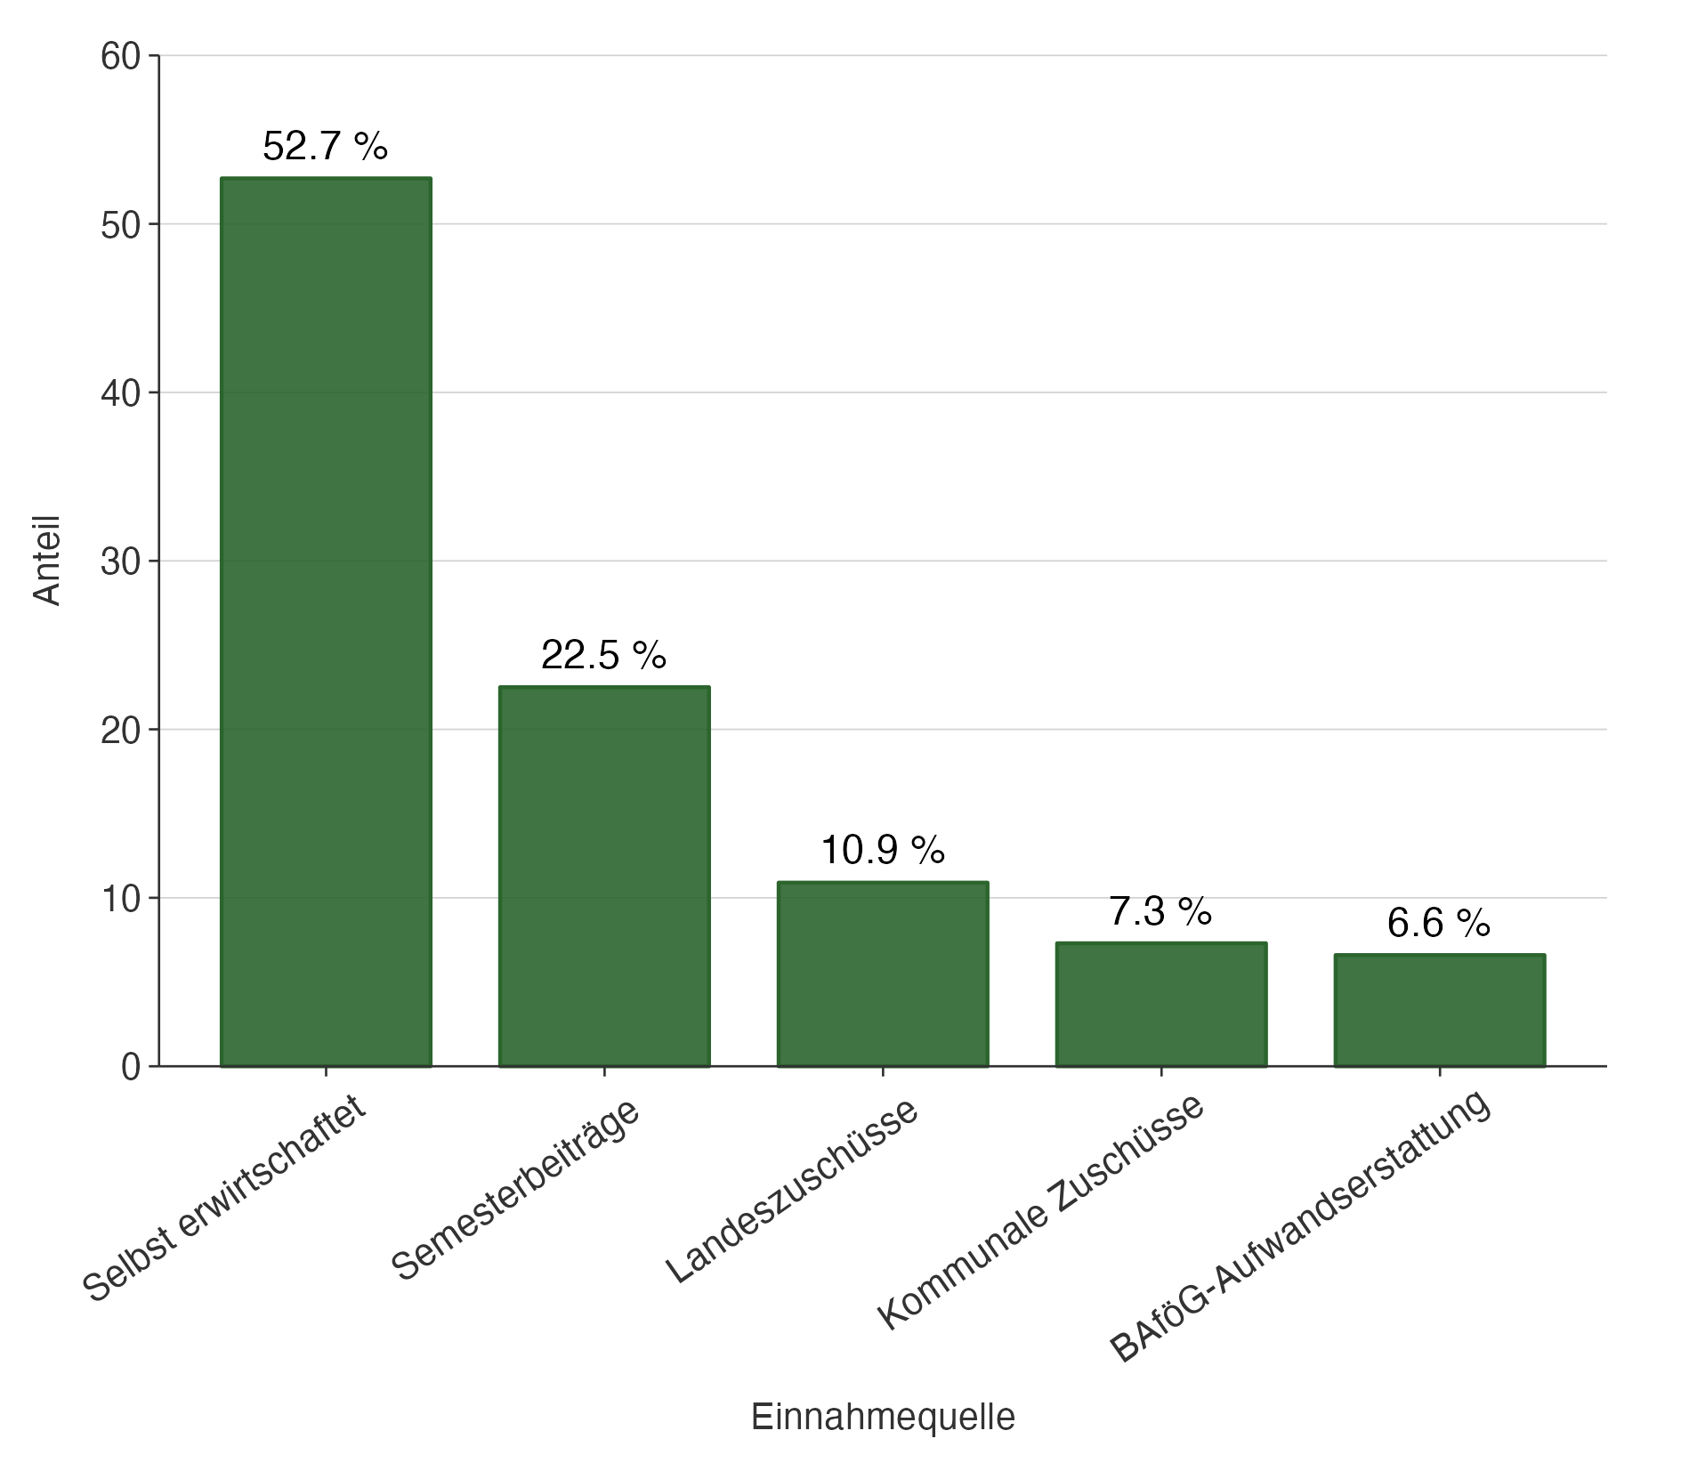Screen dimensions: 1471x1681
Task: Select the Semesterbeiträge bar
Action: tap(604, 876)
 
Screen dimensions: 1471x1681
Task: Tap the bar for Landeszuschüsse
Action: tap(883, 974)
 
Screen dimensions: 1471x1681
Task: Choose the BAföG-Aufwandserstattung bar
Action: tap(1439, 1010)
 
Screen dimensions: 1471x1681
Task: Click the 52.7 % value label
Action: tap(326, 147)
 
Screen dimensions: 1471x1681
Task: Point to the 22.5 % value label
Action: tap(604, 656)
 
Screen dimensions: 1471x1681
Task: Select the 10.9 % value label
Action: tap(883, 851)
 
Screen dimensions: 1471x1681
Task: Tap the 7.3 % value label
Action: tap(1161, 912)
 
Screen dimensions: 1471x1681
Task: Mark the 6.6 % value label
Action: tap(1439, 924)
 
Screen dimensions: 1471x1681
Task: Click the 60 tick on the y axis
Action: tap(121, 57)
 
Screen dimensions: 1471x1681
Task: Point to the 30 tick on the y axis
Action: tap(121, 562)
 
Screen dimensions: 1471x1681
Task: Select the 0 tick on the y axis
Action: tap(131, 1067)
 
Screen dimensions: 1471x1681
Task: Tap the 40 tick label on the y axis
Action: tap(121, 393)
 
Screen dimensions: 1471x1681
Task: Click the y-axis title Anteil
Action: tap(47, 561)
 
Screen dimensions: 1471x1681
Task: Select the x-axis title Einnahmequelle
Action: tap(883, 1417)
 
